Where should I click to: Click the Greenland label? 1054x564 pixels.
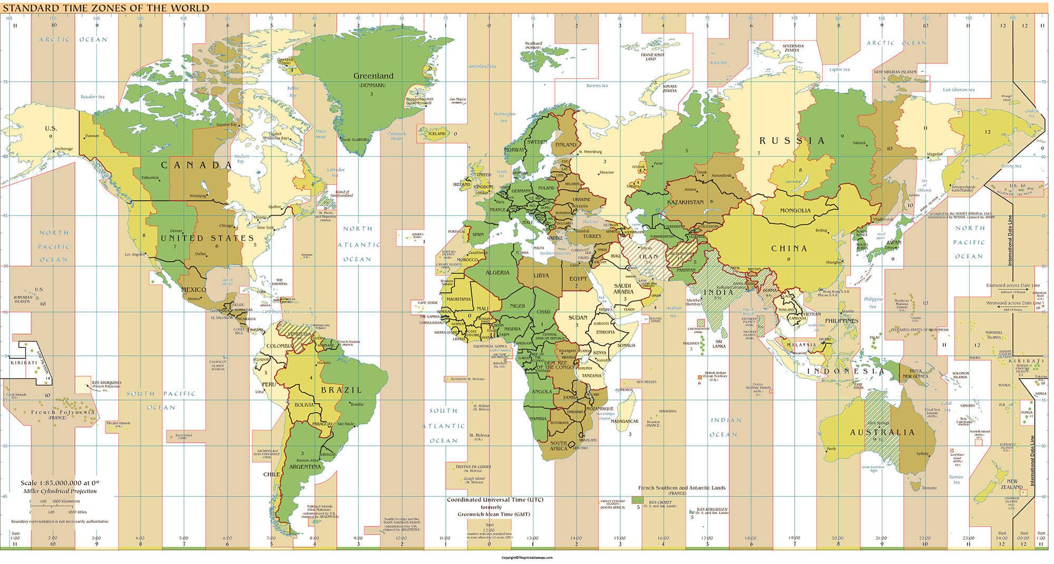pyautogui.click(x=373, y=76)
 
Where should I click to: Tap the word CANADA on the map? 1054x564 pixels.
pyautogui.click(x=196, y=165)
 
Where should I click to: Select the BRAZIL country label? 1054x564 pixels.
pyautogui.click(x=341, y=390)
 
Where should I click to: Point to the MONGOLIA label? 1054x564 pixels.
pyautogui.click(x=795, y=210)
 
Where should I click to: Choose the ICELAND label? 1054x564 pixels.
pyautogui.click(x=436, y=133)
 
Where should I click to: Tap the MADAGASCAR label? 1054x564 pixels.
pyautogui.click(x=624, y=421)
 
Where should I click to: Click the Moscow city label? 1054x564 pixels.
pyautogui.click(x=607, y=172)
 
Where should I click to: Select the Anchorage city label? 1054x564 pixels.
pyautogui.click(x=64, y=149)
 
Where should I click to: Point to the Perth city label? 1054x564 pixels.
pyautogui.click(x=831, y=449)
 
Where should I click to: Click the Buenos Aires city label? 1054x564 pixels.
pyautogui.click(x=307, y=460)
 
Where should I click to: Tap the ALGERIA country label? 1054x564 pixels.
pyautogui.click(x=497, y=273)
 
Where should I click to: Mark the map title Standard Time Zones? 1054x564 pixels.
pyautogui.click(x=106, y=8)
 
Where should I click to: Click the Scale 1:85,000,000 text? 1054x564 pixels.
pyautogui.click(x=60, y=483)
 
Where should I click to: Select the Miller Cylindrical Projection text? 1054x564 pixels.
pyautogui.click(x=60, y=491)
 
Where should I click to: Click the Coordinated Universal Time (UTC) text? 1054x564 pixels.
pyautogui.click(x=495, y=500)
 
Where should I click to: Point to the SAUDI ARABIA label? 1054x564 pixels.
pyautogui.click(x=623, y=288)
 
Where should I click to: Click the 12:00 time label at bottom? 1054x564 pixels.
pyautogui.click(x=490, y=530)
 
